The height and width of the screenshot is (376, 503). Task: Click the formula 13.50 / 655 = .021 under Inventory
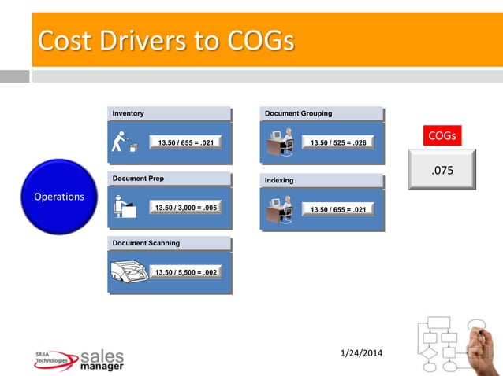point(185,142)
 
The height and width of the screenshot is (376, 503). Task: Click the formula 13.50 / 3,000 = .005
point(187,208)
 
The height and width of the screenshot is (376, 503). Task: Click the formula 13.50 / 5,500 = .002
point(187,272)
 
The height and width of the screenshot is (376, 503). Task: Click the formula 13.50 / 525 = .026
point(338,142)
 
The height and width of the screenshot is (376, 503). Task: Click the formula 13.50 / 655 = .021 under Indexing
point(338,209)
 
